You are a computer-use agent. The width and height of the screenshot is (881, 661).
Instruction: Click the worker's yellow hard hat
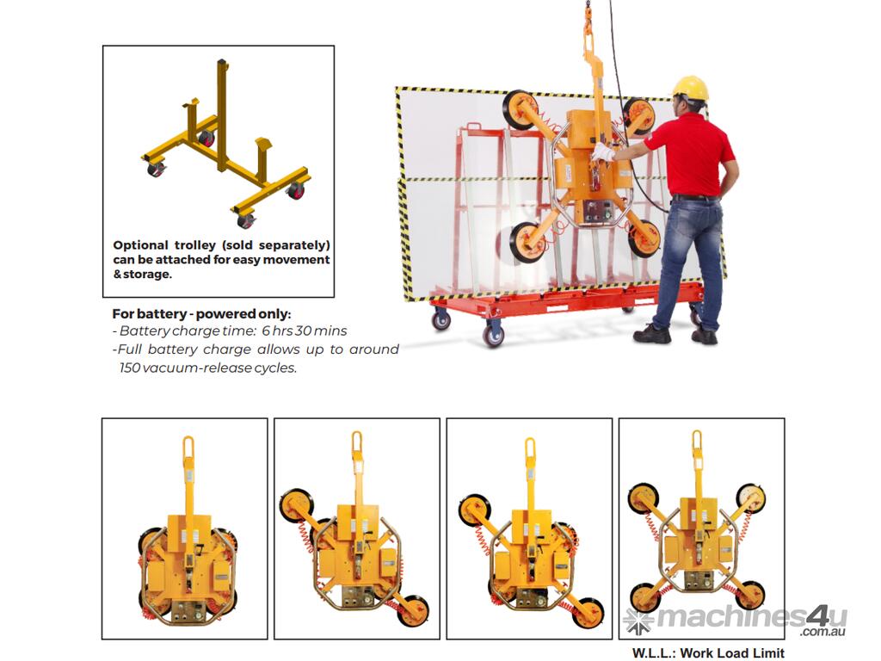(x=691, y=90)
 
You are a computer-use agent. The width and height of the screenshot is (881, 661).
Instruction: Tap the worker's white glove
(x=603, y=151)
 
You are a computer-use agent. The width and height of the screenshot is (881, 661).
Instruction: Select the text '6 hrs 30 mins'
(x=304, y=330)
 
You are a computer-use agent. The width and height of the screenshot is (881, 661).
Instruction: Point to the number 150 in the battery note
(x=130, y=368)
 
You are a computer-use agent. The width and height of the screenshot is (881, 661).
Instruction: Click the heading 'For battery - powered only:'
(x=201, y=313)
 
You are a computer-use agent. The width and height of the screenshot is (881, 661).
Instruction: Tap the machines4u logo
(x=736, y=621)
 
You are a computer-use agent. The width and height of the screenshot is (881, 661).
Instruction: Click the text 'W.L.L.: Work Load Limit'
(x=708, y=653)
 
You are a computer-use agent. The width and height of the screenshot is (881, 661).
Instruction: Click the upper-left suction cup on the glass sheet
(x=519, y=109)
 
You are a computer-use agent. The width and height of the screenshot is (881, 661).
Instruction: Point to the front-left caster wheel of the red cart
(x=493, y=335)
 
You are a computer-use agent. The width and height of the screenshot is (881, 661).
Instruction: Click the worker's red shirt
(x=694, y=155)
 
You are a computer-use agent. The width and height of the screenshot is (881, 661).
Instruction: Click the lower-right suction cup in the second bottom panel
(x=414, y=610)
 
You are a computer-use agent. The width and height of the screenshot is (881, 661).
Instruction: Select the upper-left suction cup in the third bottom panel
(x=475, y=510)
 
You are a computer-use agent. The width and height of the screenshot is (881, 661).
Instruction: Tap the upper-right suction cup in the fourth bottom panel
(x=750, y=498)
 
